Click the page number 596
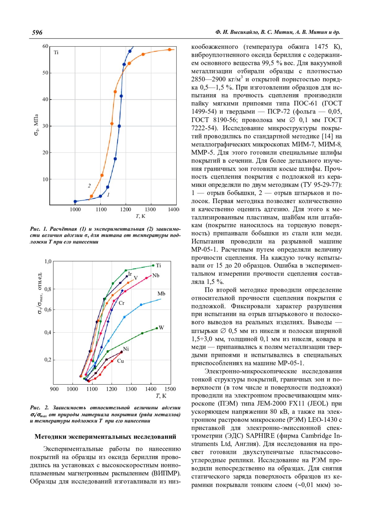pyautogui.click(x=37, y=33)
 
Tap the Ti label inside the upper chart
pyautogui.click(x=56, y=52)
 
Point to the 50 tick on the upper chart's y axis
pyautogui.click(x=45, y=73)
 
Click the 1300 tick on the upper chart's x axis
pyautogui.click(x=150, y=209)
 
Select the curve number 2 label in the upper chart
pyautogui.click(x=89, y=186)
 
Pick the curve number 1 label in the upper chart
pyautogui.click(x=108, y=195)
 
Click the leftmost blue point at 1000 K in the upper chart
pyautogui.click(x=75, y=201)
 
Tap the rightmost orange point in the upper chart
pyautogui.click(x=170, y=50)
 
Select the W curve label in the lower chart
pyautogui.click(x=161, y=328)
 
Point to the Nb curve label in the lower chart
pyautogui.click(x=156, y=276)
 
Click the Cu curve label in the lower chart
pyautogui.click(x=121, y=361)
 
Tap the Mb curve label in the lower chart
pyautogui.click(x=161, y=294)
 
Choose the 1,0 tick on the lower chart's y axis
pyautogui.click(x=48, y=262)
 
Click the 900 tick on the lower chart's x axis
pyautogui.click(x=54, y=389)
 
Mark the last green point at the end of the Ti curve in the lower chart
pyautogui.click(x=153, y=265)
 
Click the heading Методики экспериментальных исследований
pyautogui.click(x=105, y=437)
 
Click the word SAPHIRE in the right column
pyautogui.click(x=260, y=436)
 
